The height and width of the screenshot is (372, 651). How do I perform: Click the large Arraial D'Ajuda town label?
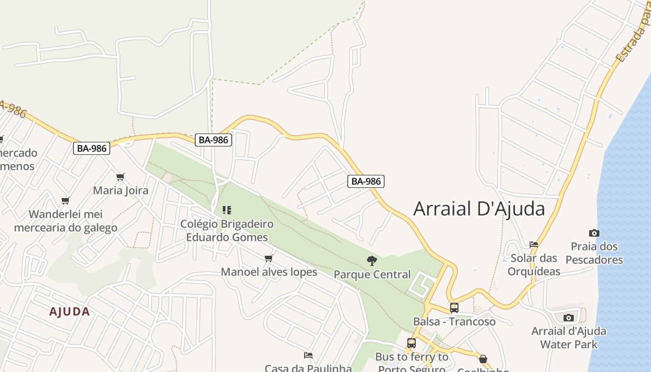[x=479, y=209]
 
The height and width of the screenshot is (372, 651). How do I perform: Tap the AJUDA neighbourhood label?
[x=70, y=312]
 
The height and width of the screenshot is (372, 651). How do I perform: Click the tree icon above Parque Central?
[x=372, y=261]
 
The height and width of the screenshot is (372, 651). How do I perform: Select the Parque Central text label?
[x=372, y=274]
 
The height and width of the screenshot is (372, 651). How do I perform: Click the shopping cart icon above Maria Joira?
[x=120, y=177]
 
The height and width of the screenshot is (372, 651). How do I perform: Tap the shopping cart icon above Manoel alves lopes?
[x=268, y=258]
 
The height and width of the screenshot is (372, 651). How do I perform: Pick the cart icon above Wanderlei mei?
[x=65, y=201]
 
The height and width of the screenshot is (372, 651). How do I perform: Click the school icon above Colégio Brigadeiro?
[x=227, y=210]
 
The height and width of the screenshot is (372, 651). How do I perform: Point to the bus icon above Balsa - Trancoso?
[x=454, y=308]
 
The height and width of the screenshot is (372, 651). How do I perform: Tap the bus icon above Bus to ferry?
[x=412, y=343]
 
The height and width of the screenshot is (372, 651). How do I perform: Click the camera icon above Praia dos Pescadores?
[x=594, y=233]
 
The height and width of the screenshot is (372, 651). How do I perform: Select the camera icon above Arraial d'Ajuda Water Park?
[x=568, y=318]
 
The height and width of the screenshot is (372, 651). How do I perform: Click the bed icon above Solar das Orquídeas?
[x=534, y=244]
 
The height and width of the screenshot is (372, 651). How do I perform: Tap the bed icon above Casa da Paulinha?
[x=308, y=355]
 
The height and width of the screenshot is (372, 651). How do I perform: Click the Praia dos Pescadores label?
[x=594, y=253]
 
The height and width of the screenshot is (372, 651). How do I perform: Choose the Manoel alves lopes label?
[x=269, y=272]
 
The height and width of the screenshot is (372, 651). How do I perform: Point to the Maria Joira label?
[x=121, y=190]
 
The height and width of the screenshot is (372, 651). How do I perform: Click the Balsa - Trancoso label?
[x=454, y=321]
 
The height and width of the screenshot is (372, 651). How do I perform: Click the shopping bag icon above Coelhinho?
[x=483, y=359]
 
